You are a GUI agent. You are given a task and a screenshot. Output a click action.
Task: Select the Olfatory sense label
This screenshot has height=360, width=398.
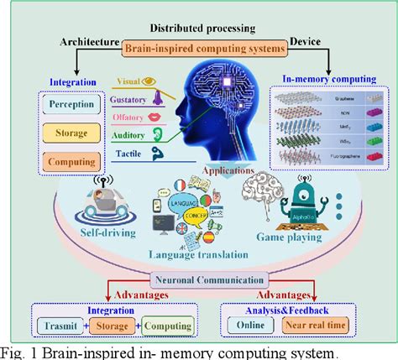pos(135,118)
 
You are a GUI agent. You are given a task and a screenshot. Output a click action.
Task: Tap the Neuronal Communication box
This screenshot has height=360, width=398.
pos(200,281)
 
